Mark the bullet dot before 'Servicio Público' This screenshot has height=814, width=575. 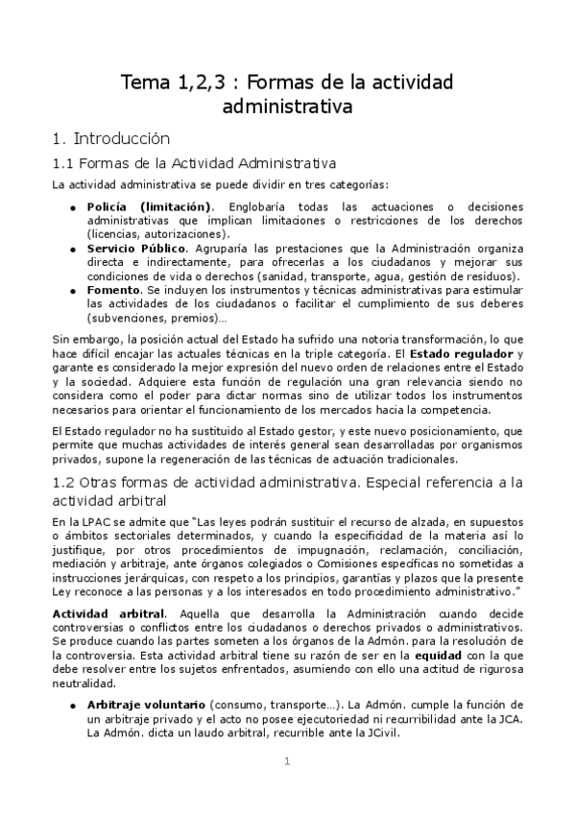pyautogui.click(x=74, y=249)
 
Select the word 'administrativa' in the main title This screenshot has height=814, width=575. pyautogui.click(x=287, y=105)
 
